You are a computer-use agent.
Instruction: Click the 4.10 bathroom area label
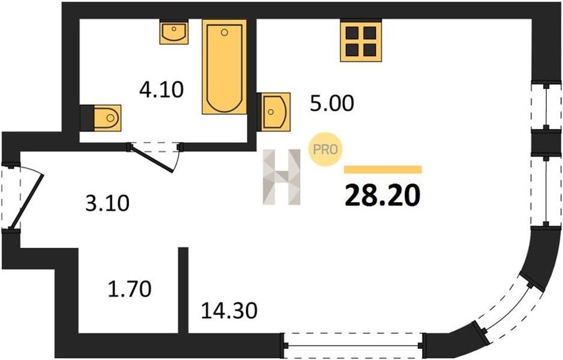pyautogui.click(x=161, y=90)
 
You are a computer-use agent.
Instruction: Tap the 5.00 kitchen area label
pyautogui.click(x=332, y=103)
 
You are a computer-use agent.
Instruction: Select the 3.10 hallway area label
pyautogui.click(x=108, y=203)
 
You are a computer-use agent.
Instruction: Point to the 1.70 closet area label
pyautogui.click(x=129, y=289)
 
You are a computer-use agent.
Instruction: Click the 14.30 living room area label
pyautogui.click(x=229, y=311)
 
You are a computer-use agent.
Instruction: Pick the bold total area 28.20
pyautogui.click(x=382, y=195)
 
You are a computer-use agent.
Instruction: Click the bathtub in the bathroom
pyautogui.click(x=225, y=67)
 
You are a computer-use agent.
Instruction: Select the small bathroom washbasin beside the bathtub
pyautogui.click(x=174, y=33)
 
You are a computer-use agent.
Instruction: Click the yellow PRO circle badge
pyautogui.click(x=326, y=150)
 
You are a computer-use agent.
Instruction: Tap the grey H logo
pyautogui.click(x=281, y=177)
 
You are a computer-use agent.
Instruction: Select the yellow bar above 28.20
pyautogui.click(x=383, y=170)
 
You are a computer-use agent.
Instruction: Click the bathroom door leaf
pyautogui.click(x=152, y=158)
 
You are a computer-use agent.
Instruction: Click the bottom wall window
pyautogui.click(x=353, y=346)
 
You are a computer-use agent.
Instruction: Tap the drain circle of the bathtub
pyautogui.click(x=225, y=33)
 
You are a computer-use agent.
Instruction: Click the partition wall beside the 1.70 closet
pyautogui.click(x=183, y=291)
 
